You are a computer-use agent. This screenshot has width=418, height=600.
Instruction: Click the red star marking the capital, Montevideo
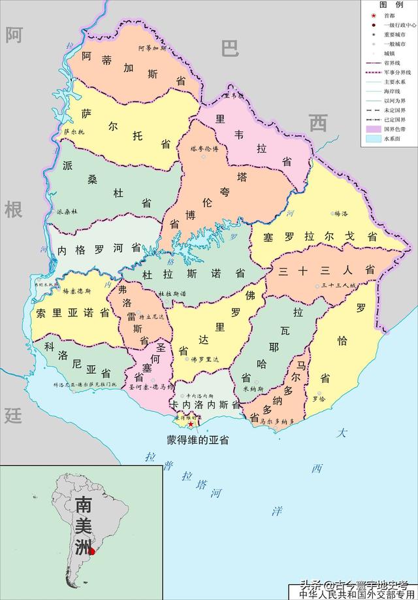(191, 424)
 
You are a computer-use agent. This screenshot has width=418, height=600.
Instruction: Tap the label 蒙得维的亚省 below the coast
(198, 440)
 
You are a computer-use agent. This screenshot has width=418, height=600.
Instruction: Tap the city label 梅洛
(344, 213)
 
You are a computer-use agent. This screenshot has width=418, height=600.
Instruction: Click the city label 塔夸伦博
(208, 148)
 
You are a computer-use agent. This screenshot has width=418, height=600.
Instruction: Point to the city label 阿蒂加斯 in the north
(153, 48)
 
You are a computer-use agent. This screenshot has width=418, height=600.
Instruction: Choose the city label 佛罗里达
(202, 359)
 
